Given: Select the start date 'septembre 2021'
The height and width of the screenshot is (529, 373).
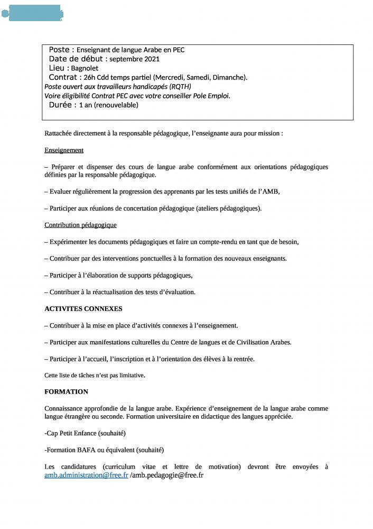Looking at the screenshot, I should coord(134,59).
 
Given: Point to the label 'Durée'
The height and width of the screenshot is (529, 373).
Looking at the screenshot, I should coord(60,105).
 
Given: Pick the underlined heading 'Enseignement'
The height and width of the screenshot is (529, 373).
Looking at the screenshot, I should coord(64,150).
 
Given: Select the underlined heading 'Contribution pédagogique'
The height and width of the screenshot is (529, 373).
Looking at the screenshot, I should coord(80,225).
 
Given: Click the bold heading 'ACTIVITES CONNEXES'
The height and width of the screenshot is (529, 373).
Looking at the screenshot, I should coord(83,308).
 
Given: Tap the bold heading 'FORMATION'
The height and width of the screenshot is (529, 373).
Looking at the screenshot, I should coord(66,391).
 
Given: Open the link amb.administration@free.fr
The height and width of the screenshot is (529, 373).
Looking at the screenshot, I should coord(86,475).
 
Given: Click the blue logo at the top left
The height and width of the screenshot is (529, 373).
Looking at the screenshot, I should coord(33,13).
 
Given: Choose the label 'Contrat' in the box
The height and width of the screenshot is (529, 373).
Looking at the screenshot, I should coord(63,77).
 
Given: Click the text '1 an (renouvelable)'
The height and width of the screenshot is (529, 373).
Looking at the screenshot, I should coord(108,105).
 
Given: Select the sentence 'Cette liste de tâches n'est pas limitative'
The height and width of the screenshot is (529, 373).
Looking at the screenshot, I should coord(94,375).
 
